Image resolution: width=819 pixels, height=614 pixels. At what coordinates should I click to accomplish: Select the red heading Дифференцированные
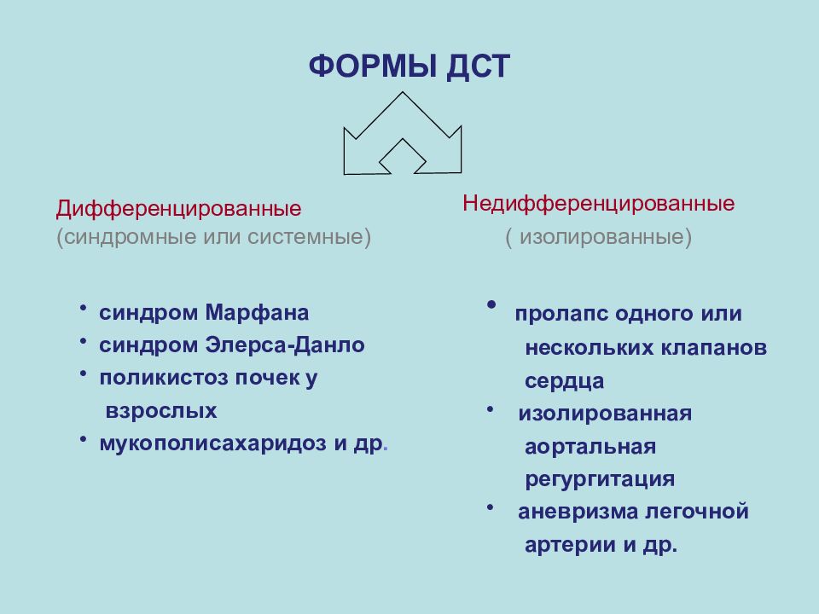179,208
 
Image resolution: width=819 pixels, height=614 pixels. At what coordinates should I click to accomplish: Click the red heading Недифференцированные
599,204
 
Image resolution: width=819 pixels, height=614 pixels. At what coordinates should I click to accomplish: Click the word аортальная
590,447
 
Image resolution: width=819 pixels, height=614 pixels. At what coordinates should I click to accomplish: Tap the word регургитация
600,479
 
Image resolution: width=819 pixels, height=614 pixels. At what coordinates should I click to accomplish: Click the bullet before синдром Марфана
84,308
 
